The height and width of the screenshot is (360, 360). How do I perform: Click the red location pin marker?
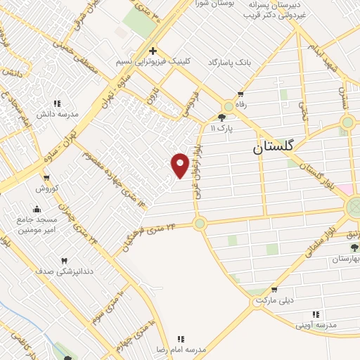point(180,165)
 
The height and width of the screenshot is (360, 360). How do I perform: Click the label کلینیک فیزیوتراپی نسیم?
point(153,62)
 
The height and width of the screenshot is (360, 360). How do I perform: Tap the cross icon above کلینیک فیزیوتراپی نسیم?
point(153,51)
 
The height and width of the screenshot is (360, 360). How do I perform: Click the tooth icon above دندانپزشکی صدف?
point(65,260)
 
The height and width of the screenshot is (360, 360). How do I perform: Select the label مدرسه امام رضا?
point(181,349)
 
